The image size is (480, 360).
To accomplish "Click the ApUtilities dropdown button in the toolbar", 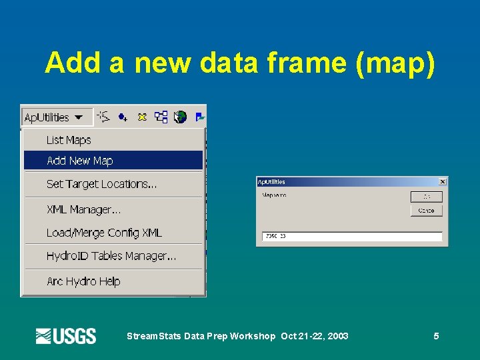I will [54, 117].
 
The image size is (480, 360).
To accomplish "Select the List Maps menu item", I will [69, 140].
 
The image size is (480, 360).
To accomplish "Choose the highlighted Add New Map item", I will [80, 161].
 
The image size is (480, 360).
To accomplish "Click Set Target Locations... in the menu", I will [101, 184].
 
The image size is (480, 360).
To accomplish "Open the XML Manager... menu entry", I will [83, 209].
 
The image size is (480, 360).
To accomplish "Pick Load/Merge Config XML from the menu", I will [104, 233].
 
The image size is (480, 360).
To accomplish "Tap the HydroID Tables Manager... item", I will [111, 256].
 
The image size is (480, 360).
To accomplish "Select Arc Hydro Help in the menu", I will [83, 281].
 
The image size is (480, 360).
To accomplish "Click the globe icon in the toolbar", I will [180, 117].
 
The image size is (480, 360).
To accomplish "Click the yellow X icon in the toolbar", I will [141, 117].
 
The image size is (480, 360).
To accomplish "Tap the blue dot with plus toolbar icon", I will [123, 117].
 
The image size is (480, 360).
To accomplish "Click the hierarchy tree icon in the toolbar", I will [161, 117].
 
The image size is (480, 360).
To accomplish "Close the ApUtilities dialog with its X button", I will [443, 182].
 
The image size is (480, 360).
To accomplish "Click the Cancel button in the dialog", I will [426, 211].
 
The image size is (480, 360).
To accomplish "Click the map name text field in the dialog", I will [353, 236].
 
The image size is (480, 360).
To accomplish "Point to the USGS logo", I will [65, 336].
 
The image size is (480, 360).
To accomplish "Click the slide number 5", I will [436, 336].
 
